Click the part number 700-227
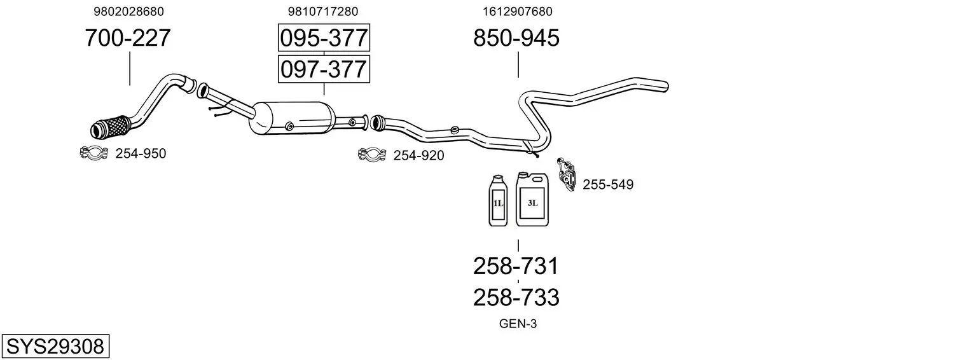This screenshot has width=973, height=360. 127,38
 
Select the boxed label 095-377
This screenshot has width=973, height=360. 324,38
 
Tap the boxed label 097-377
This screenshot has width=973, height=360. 324,69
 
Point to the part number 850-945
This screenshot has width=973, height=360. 516,38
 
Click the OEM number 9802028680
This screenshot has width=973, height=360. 128,11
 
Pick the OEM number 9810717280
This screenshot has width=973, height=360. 322,11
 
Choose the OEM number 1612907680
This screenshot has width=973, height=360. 517,11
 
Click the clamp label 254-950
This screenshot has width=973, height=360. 141,154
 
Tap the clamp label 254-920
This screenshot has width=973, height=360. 418,155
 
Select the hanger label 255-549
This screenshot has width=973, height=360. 608,184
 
